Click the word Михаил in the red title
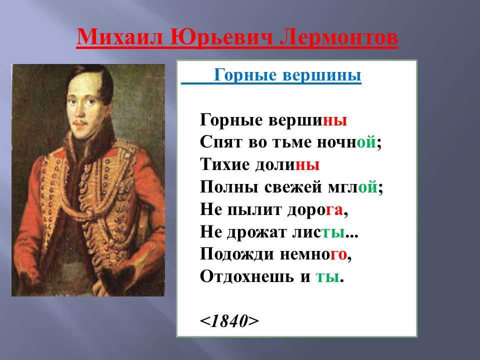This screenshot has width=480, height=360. click(x=119, y=37)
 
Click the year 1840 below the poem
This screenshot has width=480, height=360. click(x=229, y=321)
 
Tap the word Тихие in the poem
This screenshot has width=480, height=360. click(x=225, y=164)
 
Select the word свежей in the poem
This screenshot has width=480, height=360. click(x=293, y=187)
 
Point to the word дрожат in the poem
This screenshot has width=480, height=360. click(x=260, y=232)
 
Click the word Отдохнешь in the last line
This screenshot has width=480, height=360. click(x=246, y=276)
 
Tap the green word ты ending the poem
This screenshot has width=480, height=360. click(x=327, y=277)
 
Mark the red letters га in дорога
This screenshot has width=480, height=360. click(x=334, y=210)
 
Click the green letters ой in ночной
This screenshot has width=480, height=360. click(x=366, y=142)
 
